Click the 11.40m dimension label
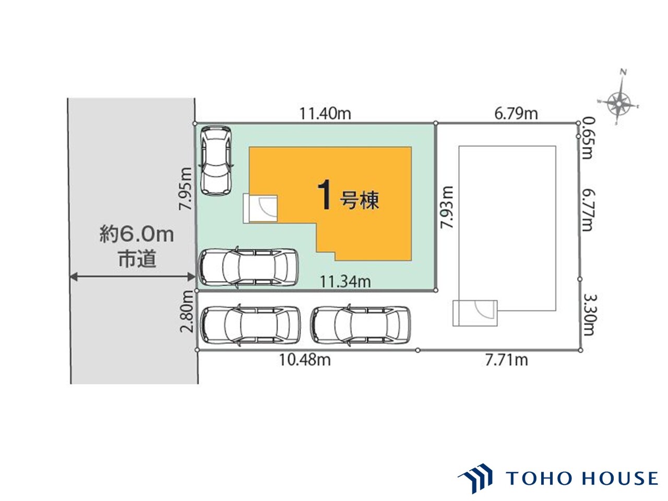click(x=325, y=114)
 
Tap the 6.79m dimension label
click(x=516, y=114)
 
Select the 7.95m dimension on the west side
click(x=185, y=188)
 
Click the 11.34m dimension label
click(x=345, y=282)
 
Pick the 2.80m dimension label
click(x=186, y=311)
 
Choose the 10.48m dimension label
click(x=305, y=360)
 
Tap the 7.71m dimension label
click(x=506, y=360)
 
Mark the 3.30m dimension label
click(x=588, y=315)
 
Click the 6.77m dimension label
click(x=588, y=210)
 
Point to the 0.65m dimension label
click(x=587, y=138)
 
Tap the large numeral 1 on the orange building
click(x=325, y=195)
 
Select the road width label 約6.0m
click(x=137, y=234)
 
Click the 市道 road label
click(x=137, y=259)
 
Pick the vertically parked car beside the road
click(x=216, y=161)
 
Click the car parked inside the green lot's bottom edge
click(x=248, y=267)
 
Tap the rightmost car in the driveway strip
click(x=360, y=325)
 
